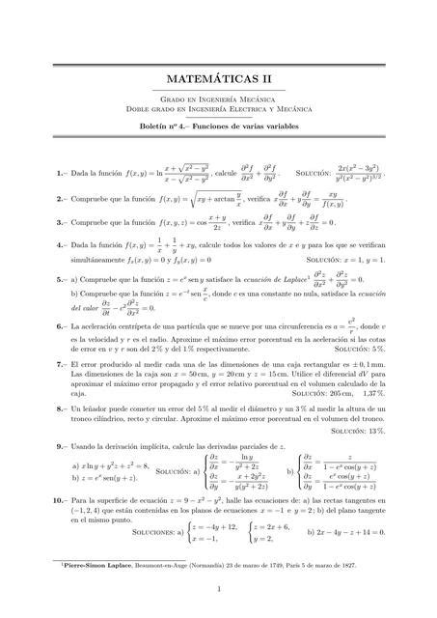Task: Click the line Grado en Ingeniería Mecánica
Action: coord(218,99)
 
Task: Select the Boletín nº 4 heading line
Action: coord(218,126)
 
